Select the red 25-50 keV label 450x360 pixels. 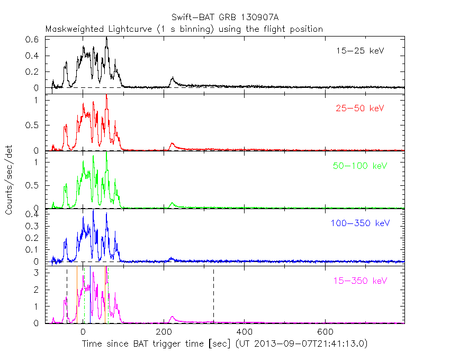pyautogui.click(x=359, y=109)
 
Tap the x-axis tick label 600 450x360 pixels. pyautogui.click(x=326, y=332)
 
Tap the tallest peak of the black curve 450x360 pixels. pyautogui.click(x=106, y=39)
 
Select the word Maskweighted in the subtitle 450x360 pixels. pyautogui.click(x=75, y=29)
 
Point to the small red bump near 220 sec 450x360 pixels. pyautogui.click(x=172, y=144)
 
